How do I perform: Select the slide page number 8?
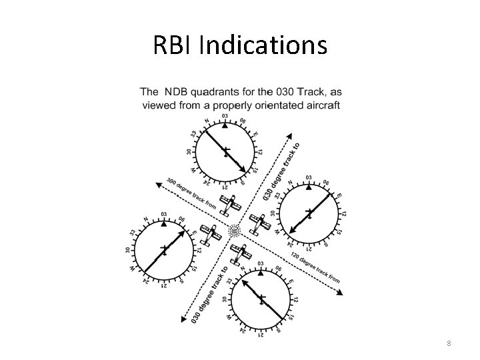tap(449, 343)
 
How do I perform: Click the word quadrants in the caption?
tap(233, 91)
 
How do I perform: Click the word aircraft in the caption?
tap(321, 105)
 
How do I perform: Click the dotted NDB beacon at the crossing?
tap(235, 232)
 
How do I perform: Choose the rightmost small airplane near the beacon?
tap(259, 225)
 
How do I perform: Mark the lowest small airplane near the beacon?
tap(239, 253)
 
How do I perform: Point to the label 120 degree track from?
tap(314, 266)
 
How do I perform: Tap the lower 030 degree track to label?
tap(211, 294)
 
